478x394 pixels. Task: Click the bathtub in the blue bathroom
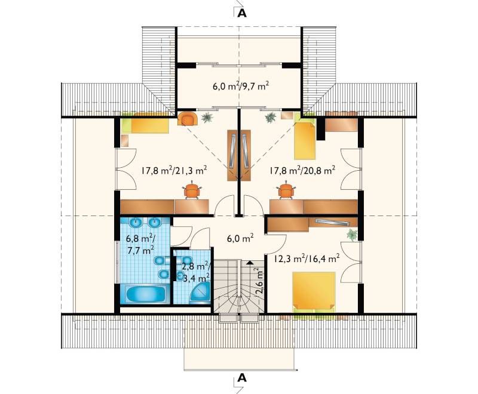click(x=145, y=294)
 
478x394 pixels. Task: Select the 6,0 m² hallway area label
click(x=241, y=238)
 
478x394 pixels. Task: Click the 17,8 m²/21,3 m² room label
click(x=174, y=170)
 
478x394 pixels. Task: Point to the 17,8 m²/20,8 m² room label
click(x=302, y=170)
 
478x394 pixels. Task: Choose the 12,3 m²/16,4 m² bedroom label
click(x=307, y=259)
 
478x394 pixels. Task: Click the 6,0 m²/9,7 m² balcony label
click(x=241, y=86)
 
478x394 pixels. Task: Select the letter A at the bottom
click(x=242, y=378)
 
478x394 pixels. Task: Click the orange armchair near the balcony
click(x=188, y=119)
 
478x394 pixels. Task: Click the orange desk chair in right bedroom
click(x=286, y=190)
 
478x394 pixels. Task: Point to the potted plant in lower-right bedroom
click(x=352, y=235)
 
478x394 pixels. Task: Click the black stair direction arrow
click(x=250, y=261)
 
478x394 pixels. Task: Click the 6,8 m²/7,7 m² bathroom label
click(x=140, y=244)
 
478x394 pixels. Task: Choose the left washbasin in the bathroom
click(x=136, y=222)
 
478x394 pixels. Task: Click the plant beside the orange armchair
click(x=207, y=117)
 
